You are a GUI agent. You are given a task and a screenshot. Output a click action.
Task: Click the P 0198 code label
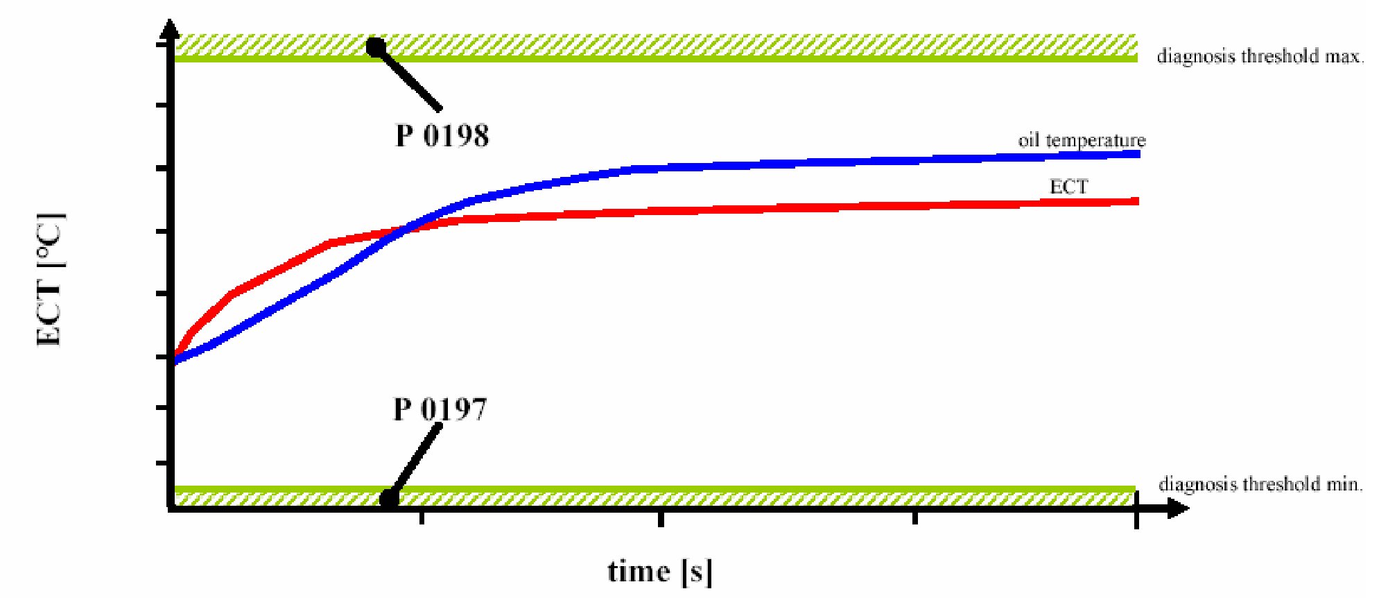[442, 135]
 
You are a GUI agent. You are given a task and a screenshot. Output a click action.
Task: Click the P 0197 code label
[440, 409]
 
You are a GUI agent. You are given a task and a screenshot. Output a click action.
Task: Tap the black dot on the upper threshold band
[376, 47]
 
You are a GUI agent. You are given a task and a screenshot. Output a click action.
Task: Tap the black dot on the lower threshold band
[389, 498]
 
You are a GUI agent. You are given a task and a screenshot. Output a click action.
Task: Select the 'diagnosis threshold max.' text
[1260, 56]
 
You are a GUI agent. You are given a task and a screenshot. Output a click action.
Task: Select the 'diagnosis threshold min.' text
[1260, 484]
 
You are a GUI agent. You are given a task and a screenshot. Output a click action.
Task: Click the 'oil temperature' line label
[1082, 140]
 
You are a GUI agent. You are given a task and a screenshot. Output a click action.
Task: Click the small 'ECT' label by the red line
[1068, 187]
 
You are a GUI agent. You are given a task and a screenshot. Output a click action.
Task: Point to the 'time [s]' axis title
[659, 572]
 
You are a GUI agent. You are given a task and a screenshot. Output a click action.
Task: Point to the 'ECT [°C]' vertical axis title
[51, 279]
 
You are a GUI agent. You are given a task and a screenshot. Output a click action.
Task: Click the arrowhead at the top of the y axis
[169, 29]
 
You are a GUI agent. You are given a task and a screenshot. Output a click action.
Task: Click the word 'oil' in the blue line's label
[1029, 140]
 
